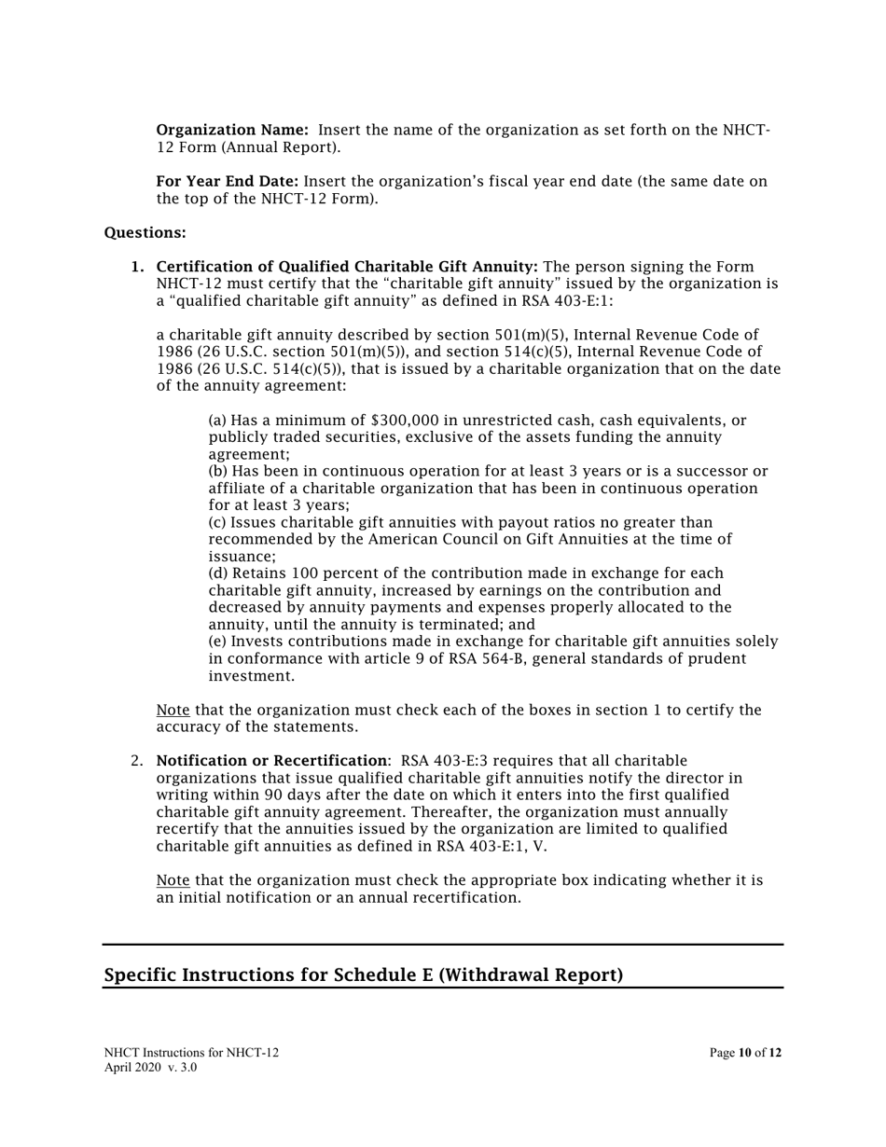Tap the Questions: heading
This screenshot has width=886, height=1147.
click(x=145, y=232)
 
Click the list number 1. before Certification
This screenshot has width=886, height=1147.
click(x=137, y=267)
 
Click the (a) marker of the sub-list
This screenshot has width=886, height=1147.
click(x=217, y=421)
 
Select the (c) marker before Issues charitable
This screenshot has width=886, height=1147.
click(x=217, y=522)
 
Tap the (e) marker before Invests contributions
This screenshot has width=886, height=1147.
click(x=217, y=642)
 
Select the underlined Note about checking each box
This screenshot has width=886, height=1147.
click(x=173, y=710)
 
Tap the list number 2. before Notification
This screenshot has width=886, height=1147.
click(x=137, y=761)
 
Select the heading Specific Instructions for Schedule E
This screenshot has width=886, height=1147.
click(x=363, y=974)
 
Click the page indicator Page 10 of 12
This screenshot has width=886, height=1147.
click(x=745, y=1053)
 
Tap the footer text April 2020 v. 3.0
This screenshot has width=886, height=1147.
click(x=150, y=1068)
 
